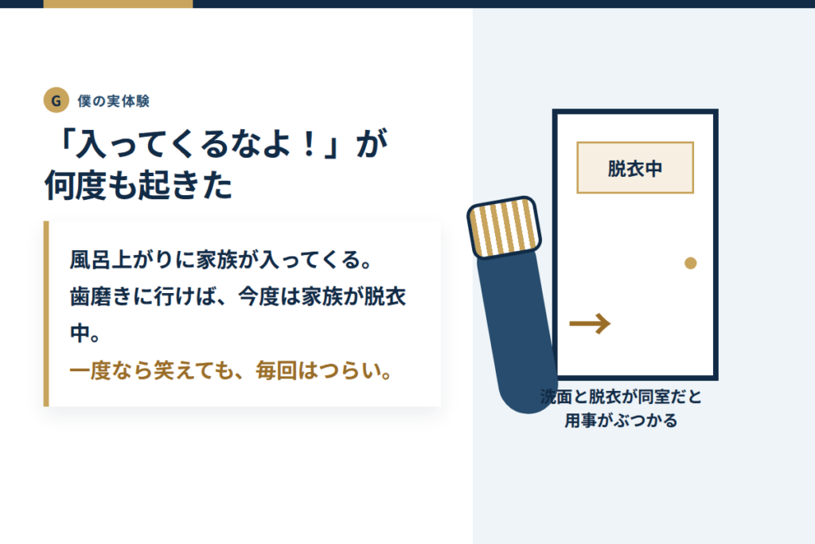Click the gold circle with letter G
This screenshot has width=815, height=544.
(57, 100)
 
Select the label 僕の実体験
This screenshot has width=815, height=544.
(114, 101)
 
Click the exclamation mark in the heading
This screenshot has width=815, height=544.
(310, 143)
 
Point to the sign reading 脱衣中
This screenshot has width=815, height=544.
(635, 167)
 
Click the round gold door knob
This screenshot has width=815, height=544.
(690, 263)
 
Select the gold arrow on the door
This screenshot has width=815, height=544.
(590, 323)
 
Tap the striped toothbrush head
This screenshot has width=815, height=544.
(504, 227)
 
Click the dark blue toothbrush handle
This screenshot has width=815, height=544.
(517, 332)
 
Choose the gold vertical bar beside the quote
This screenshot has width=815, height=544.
(46, 314)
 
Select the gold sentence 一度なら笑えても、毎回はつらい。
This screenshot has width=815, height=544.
(231, 371)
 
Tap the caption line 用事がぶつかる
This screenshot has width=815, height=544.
(621, 421)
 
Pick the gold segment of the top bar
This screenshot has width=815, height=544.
(118, 4)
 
